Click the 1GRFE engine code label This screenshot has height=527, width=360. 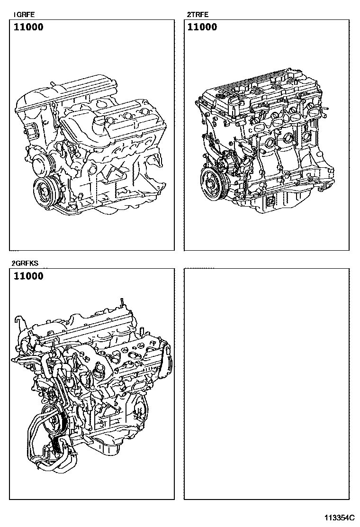[x=24, y=14]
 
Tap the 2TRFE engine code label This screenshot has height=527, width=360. [x=198, y=14]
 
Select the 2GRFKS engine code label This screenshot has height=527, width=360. [x=25, y=263]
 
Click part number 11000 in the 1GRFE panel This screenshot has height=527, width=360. [x=28, y=27]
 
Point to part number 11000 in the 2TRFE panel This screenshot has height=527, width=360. [x=202, y=27]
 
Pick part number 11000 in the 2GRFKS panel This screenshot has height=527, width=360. [x=28, y=276]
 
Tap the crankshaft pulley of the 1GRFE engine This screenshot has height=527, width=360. [x=45, y=191]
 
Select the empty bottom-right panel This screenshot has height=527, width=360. [x=267, y=384]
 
